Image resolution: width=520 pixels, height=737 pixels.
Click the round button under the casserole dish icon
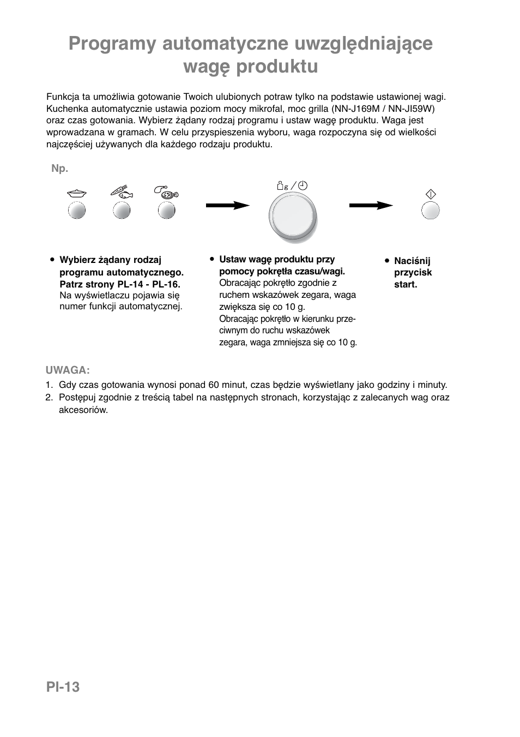pos(77,211)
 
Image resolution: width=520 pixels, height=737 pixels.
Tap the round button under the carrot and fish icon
pos(122,211)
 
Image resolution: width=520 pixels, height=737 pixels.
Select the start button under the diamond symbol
pos(431,211)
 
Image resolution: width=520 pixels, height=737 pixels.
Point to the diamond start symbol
pos(431,194)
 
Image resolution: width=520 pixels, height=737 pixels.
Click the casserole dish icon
pos(77,193)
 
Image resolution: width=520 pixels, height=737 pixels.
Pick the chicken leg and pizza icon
pos(166,191)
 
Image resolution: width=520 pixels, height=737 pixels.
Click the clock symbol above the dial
pos(302,185)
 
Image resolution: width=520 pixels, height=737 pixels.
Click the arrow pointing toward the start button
pos(371,206)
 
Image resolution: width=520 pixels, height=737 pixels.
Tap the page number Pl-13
pos(63,687)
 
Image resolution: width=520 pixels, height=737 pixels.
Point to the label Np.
pos(60,169)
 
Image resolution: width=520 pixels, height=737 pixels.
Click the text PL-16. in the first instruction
pos(166,284)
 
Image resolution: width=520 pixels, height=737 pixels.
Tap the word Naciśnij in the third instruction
pos(412,261)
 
